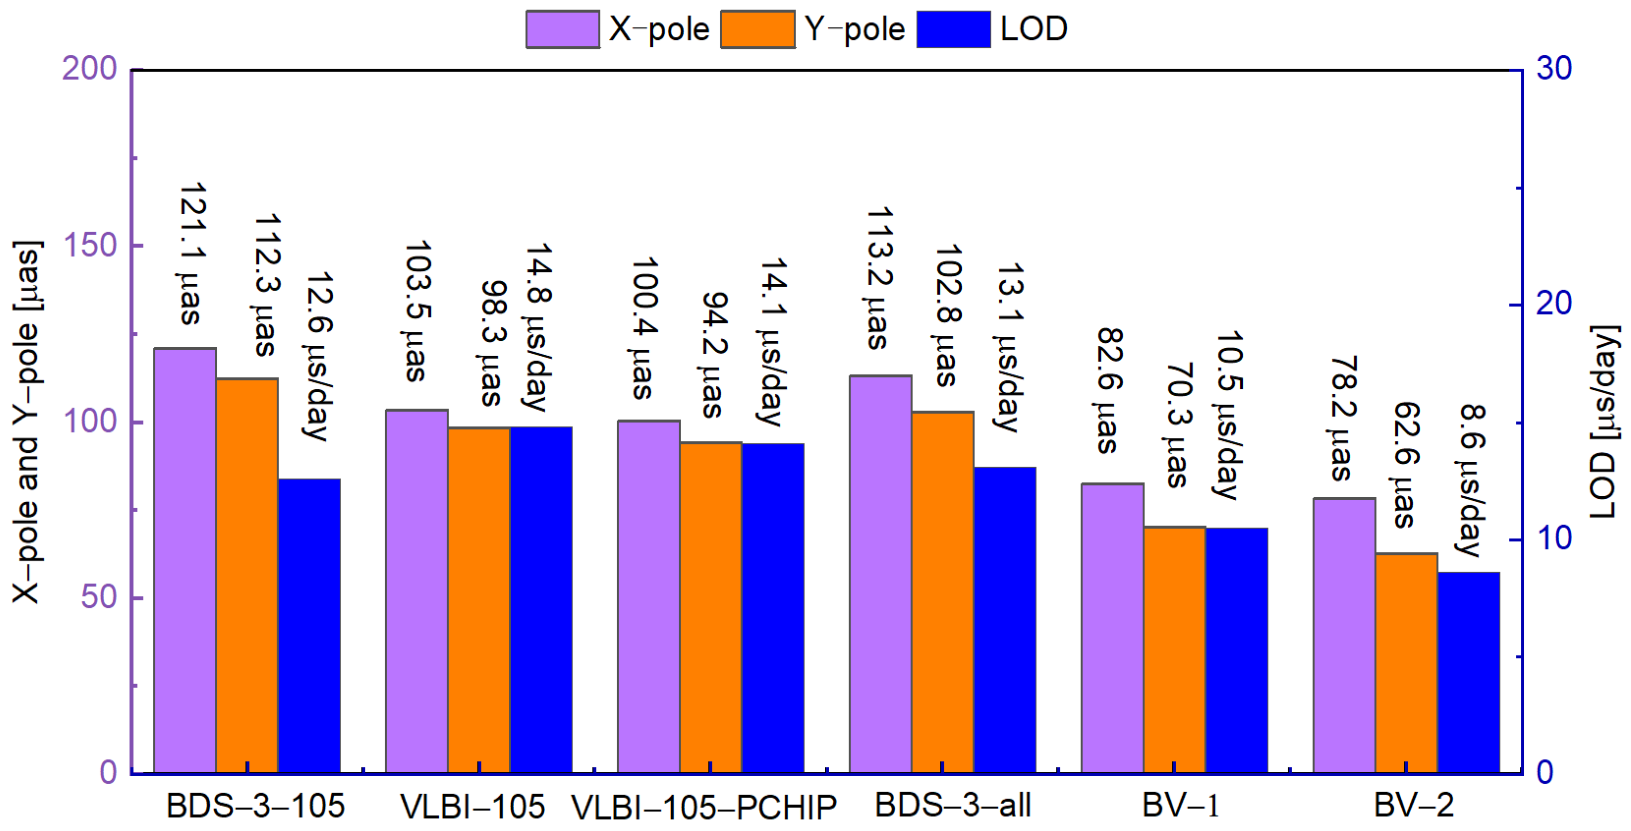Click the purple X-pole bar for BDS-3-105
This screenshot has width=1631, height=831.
tap(185, 560)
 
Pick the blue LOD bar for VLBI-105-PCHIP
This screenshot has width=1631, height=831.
tap(773, 608)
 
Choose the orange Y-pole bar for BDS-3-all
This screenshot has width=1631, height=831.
tap(943, 592)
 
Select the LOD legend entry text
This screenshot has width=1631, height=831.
tap(1034, 29)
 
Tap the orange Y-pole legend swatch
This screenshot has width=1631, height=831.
tap(758, 29)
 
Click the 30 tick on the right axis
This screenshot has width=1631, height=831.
tap(1554, 68)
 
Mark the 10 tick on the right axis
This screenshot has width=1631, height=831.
tap(1554, 539)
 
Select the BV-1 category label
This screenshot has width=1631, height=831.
tap(1181, 806)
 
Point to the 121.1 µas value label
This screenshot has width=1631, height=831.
tap(191, 255)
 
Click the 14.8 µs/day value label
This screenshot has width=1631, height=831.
tap(538, 327)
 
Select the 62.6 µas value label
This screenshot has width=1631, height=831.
tap(1406, 465)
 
